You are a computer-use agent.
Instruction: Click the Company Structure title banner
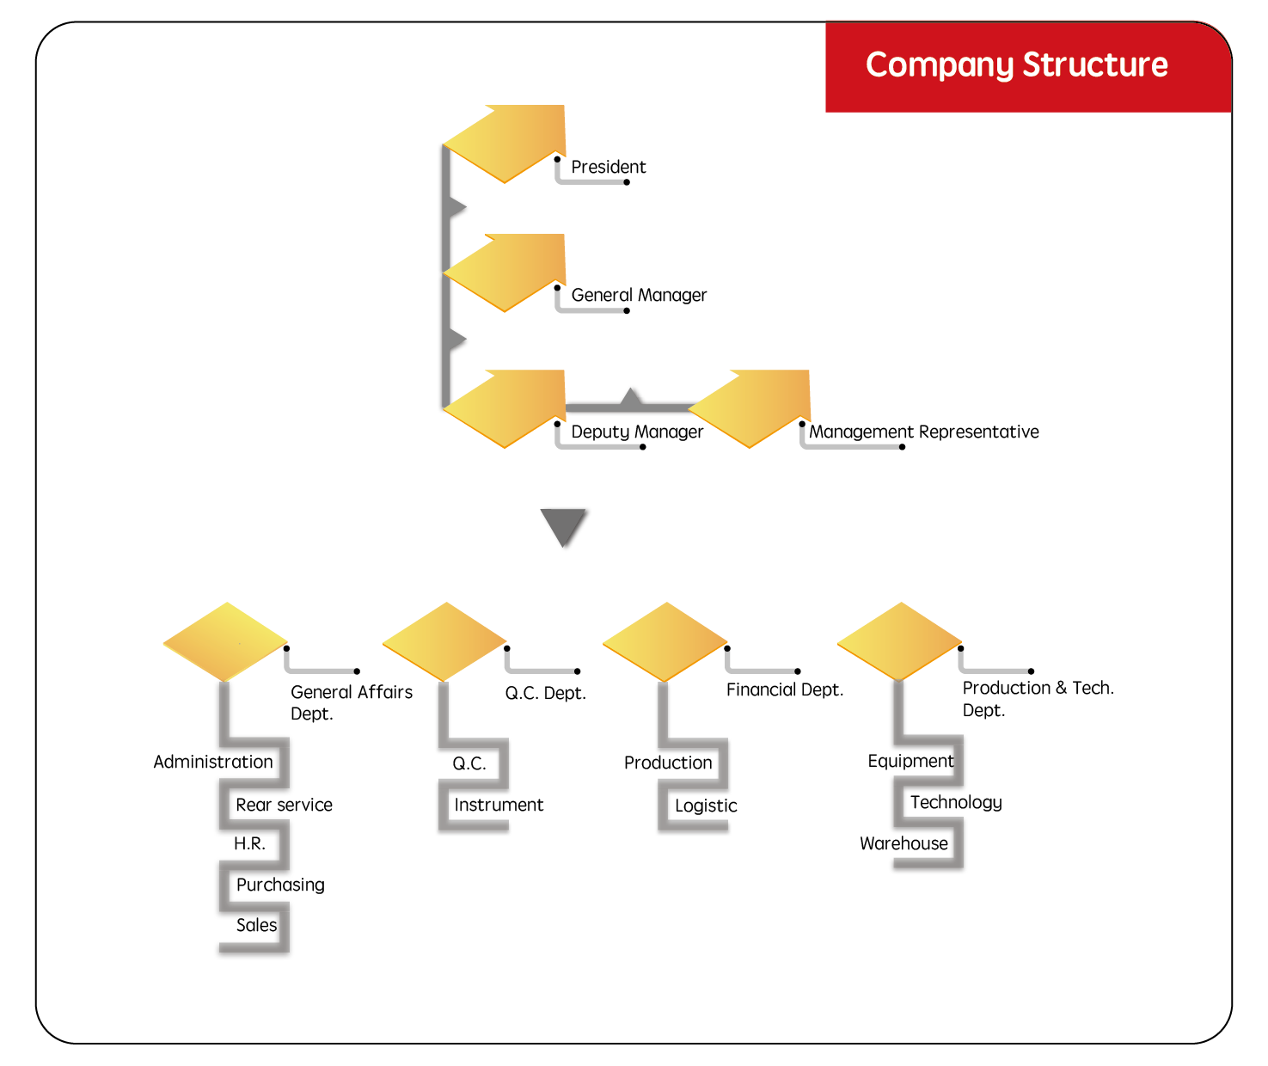[x=1016, y=65]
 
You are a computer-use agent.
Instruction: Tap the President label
[x=608, y=167]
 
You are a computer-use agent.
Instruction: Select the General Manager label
[x=639, y=295]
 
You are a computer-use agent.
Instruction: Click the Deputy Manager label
[x=637, y=432]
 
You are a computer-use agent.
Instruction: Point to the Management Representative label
[x=923, y=432]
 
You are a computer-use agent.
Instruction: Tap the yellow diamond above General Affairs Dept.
[x=225, y=640]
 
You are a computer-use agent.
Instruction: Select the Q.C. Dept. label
[x=545, y=693]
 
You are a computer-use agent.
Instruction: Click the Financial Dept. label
[x=784, y=689]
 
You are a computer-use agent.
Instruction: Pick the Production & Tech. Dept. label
[x=1037, y=698]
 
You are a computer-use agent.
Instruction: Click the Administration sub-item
[x=213, y=762]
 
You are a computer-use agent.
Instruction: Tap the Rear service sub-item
[x=284, y=805]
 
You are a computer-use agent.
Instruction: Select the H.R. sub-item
[x=250, y=843]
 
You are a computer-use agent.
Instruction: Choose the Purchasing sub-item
[x=280, y=885]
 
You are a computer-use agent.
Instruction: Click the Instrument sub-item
[x=499, y=805]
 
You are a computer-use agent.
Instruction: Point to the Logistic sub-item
[x=706, y=806]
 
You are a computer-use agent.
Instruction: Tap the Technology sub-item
[x=956, y=802]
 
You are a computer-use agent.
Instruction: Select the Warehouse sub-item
[x=904, y=843]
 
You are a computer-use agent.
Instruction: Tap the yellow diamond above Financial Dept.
[x=666, y=640]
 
